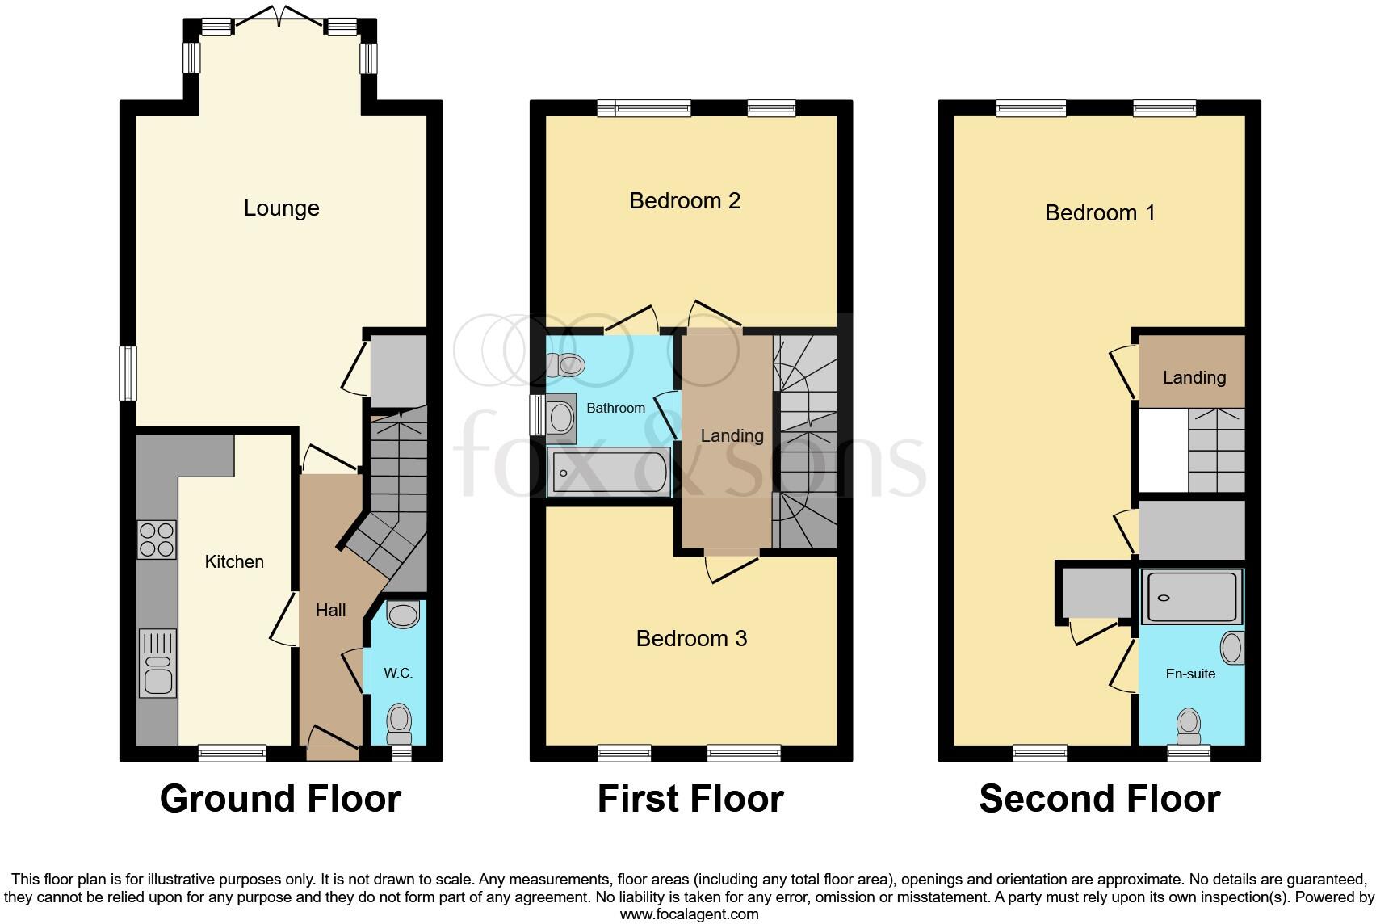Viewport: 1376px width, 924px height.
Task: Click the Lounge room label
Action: tap(281, 208)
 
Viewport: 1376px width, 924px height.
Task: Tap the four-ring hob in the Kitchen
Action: tap(157, 540)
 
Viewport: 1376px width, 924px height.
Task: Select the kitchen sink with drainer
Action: tap(157, 662)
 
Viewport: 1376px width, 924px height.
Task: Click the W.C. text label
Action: tap(398, 673)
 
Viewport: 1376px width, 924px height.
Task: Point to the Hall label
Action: tap(330, 611)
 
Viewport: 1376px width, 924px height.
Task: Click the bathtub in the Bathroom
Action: tap(609, 472)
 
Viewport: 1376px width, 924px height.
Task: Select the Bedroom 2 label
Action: tap(685, 200)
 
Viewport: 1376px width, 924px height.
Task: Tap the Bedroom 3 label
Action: tap(691, 639)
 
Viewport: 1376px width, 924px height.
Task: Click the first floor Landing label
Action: tap(732, 436)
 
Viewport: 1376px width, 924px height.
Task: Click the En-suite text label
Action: tap(1190, 674)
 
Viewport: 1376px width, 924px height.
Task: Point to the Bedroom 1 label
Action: tap(1100, 213)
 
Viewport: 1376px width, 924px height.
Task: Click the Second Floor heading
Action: tap(1099, 799)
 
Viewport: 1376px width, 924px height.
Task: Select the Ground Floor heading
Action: tap(280, 799)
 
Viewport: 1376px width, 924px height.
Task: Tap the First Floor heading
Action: tap(690, 799)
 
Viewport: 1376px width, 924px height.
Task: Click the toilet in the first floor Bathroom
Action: tap(566, 365)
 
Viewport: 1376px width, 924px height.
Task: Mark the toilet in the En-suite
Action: tap(1189, 726)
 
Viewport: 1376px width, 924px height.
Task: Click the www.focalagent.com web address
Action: tap(689, 914)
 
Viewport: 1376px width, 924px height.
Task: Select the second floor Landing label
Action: tap(1194, 377)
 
